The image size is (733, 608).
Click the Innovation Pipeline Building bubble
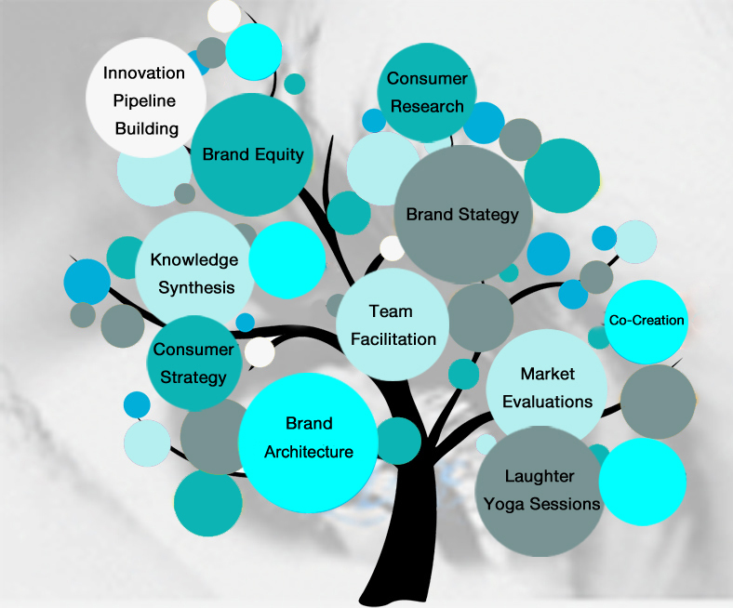point(145,99)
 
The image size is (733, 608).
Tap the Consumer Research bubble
point(426,92)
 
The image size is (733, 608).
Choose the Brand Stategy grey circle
point(461,215)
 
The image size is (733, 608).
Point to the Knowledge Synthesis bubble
point(194,272)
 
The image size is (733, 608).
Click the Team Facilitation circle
point(393,324)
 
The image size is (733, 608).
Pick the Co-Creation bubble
point(646,321)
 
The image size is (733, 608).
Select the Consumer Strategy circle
point(193,363)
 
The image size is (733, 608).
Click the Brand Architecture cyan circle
point(308,438)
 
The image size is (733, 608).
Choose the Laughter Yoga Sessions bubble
point(540,490)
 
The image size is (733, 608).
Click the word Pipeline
point(145,100)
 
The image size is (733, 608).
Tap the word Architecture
point(309,452)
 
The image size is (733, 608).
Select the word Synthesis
point(196,287)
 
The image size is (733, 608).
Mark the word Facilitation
point(393,339)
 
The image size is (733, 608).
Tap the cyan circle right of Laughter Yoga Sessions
point(642,482)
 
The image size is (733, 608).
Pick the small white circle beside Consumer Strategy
point(260,352)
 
